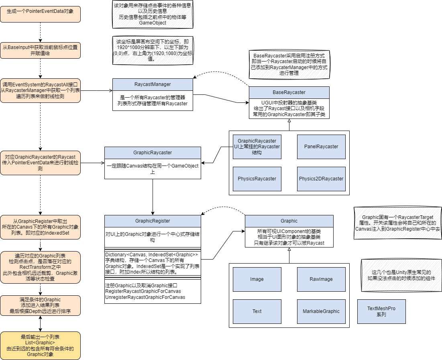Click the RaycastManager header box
coord(153,84)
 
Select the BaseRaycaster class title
coord(289,92)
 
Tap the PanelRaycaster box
coord(321,147)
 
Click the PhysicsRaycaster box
coord(257,179)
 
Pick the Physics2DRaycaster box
coord(321,179)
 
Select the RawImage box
coord(321,279)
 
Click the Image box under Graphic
coord(257,279)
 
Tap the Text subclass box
coord(257,311)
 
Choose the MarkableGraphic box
coord(321,311)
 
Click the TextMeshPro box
coord(381,311)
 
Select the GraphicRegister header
coord(153,221)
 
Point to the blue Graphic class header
coord(289,221)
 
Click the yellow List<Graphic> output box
coord(40,346)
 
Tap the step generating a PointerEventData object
coord(40,14)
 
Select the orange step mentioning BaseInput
coord(40,50)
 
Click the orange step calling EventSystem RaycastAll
coord(40,90)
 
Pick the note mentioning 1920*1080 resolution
coord(153,50)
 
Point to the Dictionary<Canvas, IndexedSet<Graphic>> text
coord(151,255)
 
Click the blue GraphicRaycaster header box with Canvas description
coord(153,153)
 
